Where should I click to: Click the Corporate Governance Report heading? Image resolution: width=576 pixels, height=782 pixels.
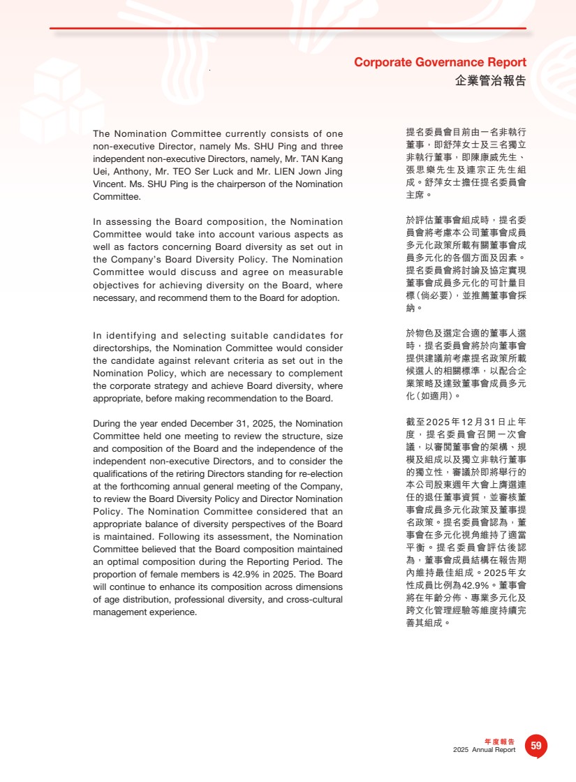[x=440, y=62]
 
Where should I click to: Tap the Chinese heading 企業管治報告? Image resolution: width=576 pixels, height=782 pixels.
[x=490, y=80]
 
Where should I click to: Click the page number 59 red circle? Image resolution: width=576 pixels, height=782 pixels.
[x=536, y=746]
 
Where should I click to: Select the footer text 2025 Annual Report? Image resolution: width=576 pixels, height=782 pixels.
[x=484, y=750]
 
